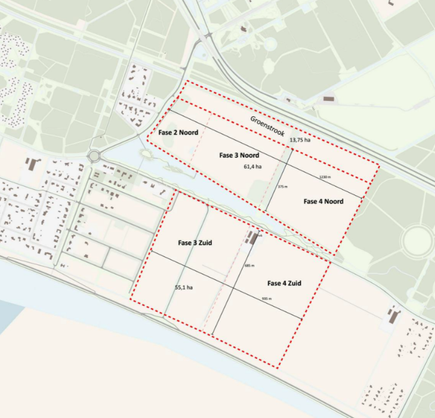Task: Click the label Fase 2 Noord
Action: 178,132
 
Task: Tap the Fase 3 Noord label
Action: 239,155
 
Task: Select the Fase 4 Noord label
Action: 323,201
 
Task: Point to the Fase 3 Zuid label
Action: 195,243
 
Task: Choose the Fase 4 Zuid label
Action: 284,283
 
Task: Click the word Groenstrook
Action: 268,126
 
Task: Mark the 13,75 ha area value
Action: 301,141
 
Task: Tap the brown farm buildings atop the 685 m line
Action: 252,238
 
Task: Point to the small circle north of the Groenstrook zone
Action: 270,44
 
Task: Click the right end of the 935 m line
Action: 302,320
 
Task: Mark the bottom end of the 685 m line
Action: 213,335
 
